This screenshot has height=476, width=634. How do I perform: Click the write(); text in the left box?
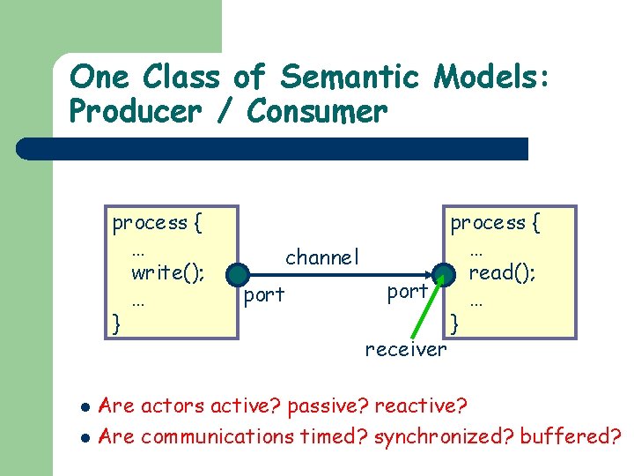tap(167, 272)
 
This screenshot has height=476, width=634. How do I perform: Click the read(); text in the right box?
tap(502, 272)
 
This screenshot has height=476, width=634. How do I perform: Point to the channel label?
tap(322, 257)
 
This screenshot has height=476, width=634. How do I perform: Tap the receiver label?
tap(406, 350)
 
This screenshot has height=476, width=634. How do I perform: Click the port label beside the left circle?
tap(264, 295)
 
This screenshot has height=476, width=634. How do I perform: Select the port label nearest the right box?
tap(408, 291)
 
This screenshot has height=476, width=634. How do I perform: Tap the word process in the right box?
tap(487, 223)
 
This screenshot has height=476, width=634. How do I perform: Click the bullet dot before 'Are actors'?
tap(85, 408)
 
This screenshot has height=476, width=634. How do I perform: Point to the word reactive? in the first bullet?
tap(421, 406)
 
